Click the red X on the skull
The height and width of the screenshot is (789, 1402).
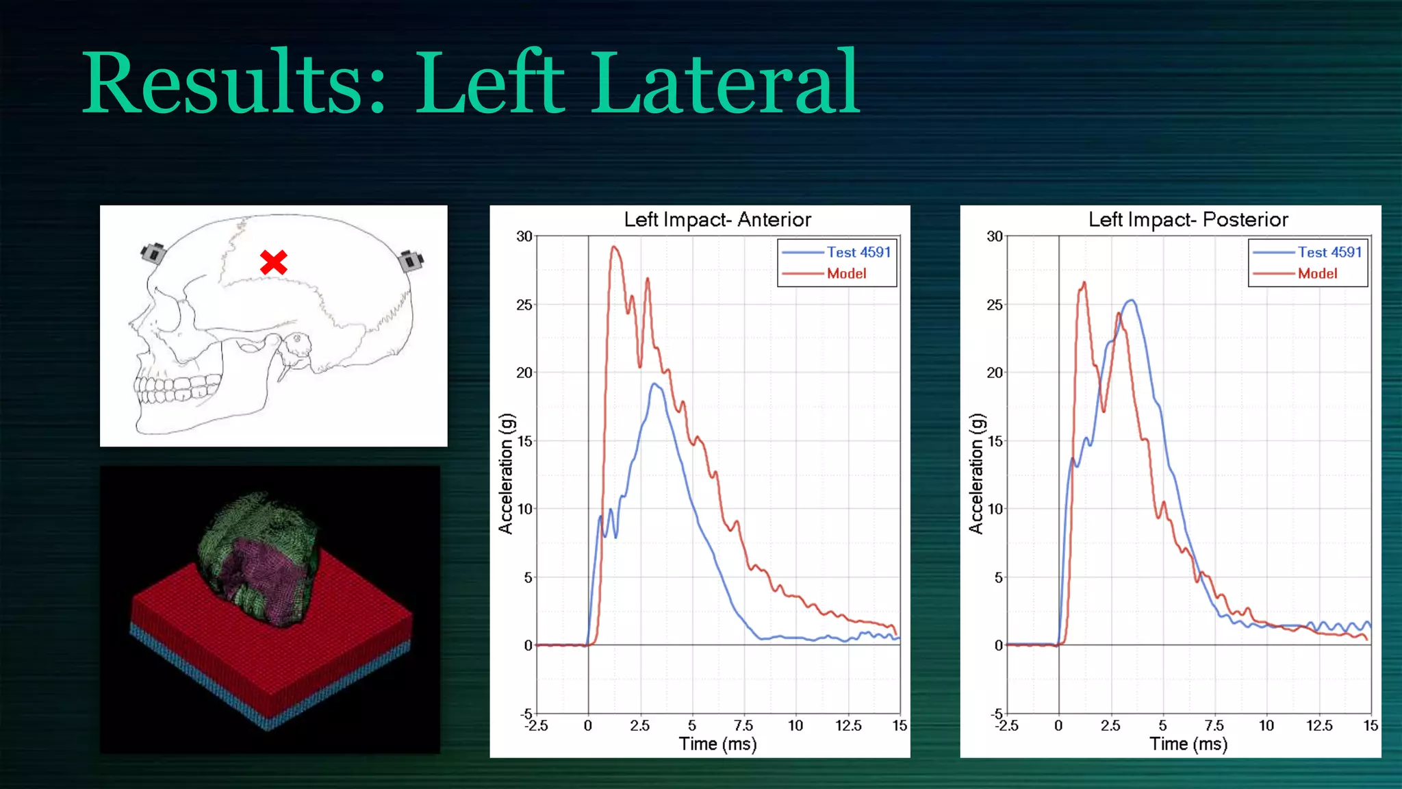274,262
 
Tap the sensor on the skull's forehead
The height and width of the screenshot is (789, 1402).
154,253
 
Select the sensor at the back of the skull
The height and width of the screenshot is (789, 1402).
411,260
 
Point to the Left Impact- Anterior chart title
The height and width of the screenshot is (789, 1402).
717,220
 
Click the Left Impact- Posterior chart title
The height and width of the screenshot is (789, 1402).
1188,220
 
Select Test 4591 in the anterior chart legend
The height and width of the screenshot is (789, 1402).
858,252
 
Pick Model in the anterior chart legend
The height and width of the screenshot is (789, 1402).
846,273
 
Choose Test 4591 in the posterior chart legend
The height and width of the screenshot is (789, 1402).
1329,252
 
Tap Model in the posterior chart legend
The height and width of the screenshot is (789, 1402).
1317,273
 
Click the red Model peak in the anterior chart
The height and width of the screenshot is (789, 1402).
614,247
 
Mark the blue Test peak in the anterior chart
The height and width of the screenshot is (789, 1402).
655,384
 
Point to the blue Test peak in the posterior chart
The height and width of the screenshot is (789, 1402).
1132,301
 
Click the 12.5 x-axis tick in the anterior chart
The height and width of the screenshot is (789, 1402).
848,725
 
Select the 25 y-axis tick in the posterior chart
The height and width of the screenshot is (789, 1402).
995,305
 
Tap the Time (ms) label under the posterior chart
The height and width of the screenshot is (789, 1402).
1188,744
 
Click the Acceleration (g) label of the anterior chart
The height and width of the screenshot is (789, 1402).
505,474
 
